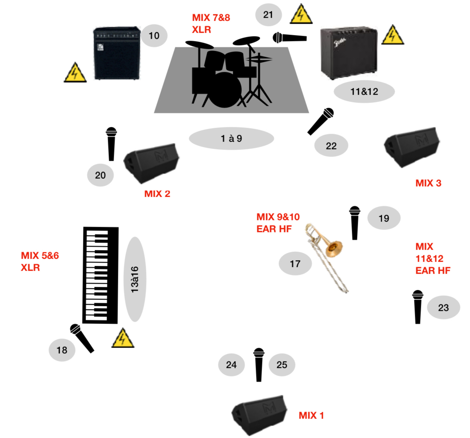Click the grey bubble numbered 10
[154, 36]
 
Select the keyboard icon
[100, 275]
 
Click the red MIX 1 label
[311, 415]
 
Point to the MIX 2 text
[157, 194]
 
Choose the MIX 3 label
[428, 183]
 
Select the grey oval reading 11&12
[364, 91]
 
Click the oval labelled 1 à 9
[231, 138]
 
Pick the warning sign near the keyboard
[123, 339]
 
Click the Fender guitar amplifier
[348, 53]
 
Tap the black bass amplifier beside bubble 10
[116, 53]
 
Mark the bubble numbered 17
[295, 264]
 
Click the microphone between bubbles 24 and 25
[259, 364]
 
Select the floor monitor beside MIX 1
[259, 414]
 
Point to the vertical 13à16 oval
[134, 279]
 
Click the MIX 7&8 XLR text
[211, 23]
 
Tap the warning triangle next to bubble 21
[301, 15]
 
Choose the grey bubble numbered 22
[331, 146]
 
